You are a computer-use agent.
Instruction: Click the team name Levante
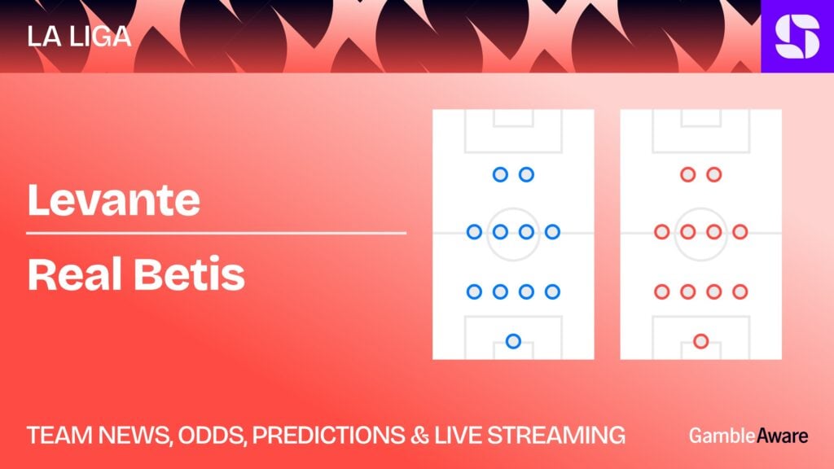click(x=114, y=200)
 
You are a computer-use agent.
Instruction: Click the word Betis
click(x=189, y=274)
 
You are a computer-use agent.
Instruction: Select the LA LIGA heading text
click(x=79, y=37)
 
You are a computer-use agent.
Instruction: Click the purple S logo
click(x=797, y=36)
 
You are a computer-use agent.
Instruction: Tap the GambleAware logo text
click(x=748, y=436)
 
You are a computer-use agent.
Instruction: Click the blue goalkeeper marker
click(x=513, y=341)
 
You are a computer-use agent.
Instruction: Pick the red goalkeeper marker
click(x=701, y=341)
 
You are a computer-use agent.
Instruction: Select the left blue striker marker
click(x=500, y=174)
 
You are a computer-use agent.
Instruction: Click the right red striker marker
click(x=713, y=174)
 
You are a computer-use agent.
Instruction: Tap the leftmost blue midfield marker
click(x=474, y=232)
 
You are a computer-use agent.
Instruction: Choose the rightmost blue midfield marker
click(x=553, y=232)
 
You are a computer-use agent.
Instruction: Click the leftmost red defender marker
click(x=661, y=291)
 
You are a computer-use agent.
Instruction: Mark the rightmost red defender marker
click(x=740, y=291)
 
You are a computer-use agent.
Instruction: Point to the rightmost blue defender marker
click(x=553, y=291)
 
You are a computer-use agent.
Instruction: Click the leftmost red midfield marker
click(x=661, y=232)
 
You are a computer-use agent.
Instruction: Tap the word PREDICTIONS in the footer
click(x=328, y=436)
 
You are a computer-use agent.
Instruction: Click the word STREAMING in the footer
click(x=556, y=436)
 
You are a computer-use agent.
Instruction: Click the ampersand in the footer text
click(x=419, y=436)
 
